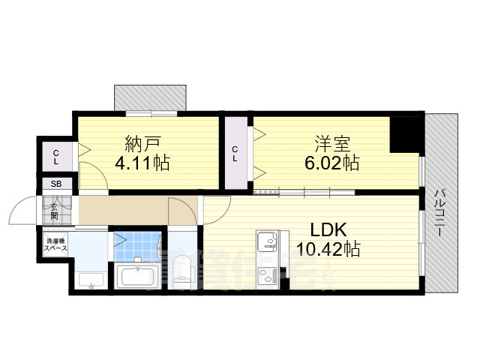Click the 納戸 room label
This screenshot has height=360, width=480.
click(x=140, y=142)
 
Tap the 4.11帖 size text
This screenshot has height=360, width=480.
click(x=140, y=162)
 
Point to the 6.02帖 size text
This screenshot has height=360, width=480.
click(x=331, y=162)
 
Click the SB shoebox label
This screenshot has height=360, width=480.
click(x=56, y=184)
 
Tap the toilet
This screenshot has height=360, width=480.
click(x=182, y=272)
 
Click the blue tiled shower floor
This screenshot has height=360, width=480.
click(x=138, y=246)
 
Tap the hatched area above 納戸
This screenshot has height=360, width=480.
click(x=150, y=97)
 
